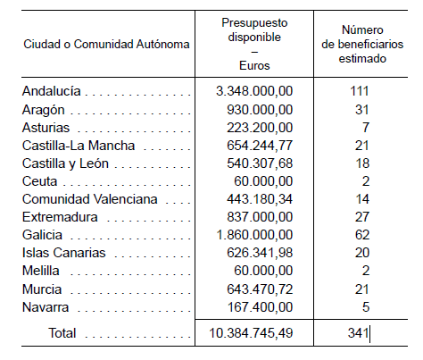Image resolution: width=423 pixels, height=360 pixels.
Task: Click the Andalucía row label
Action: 52,91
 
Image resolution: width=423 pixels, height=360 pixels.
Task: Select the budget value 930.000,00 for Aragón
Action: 260,110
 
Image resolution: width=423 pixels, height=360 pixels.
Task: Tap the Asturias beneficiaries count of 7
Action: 366,128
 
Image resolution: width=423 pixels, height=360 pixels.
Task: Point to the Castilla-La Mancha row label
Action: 79,146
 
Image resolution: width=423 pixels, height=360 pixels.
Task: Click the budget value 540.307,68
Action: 260,163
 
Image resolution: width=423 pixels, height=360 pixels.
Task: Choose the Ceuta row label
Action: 39,181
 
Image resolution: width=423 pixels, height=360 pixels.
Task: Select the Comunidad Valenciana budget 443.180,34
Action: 260,199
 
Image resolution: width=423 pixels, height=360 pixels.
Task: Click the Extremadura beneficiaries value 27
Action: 362,217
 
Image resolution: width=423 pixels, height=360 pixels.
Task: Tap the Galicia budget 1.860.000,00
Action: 254,235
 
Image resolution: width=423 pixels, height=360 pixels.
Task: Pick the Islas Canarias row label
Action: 64,253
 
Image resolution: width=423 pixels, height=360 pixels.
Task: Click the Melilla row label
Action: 41,271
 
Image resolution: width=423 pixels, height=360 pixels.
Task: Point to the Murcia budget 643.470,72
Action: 260,289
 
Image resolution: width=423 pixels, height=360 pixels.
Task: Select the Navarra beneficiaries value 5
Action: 366,307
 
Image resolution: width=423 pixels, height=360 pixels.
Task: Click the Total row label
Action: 62,333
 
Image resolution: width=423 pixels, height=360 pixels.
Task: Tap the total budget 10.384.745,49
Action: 251,333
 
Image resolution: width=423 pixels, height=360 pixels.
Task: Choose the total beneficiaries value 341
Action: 359,333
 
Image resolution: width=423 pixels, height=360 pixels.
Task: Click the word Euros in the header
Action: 254,65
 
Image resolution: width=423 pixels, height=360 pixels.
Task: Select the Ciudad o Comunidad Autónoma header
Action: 106,44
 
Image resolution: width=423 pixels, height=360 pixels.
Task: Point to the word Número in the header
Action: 362,29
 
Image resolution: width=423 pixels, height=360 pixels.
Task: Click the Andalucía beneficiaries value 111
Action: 360,91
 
